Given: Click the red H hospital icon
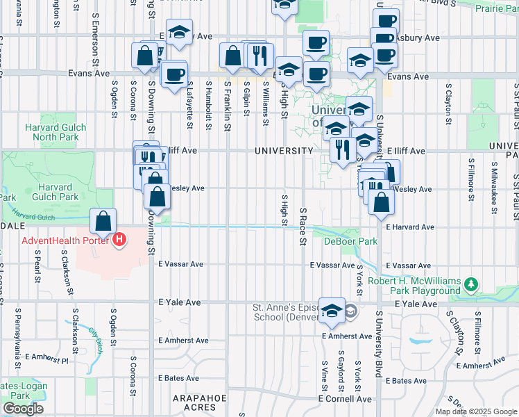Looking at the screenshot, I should click(x=120, y=241).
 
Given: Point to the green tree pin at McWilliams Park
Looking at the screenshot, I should click(x=471, y=284).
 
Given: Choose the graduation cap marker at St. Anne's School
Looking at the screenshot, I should click(x=332, y=313).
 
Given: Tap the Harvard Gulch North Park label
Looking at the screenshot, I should click(x=56, y=132).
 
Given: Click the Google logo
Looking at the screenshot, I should click(x=23, y=409).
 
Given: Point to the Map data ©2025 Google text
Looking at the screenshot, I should click(x=475, y=411).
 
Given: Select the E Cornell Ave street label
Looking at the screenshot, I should click(x=345, y=399).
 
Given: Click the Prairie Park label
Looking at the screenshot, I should click(x=494, y=8).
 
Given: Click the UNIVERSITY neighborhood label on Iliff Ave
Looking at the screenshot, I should click(x=283, y=151).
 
